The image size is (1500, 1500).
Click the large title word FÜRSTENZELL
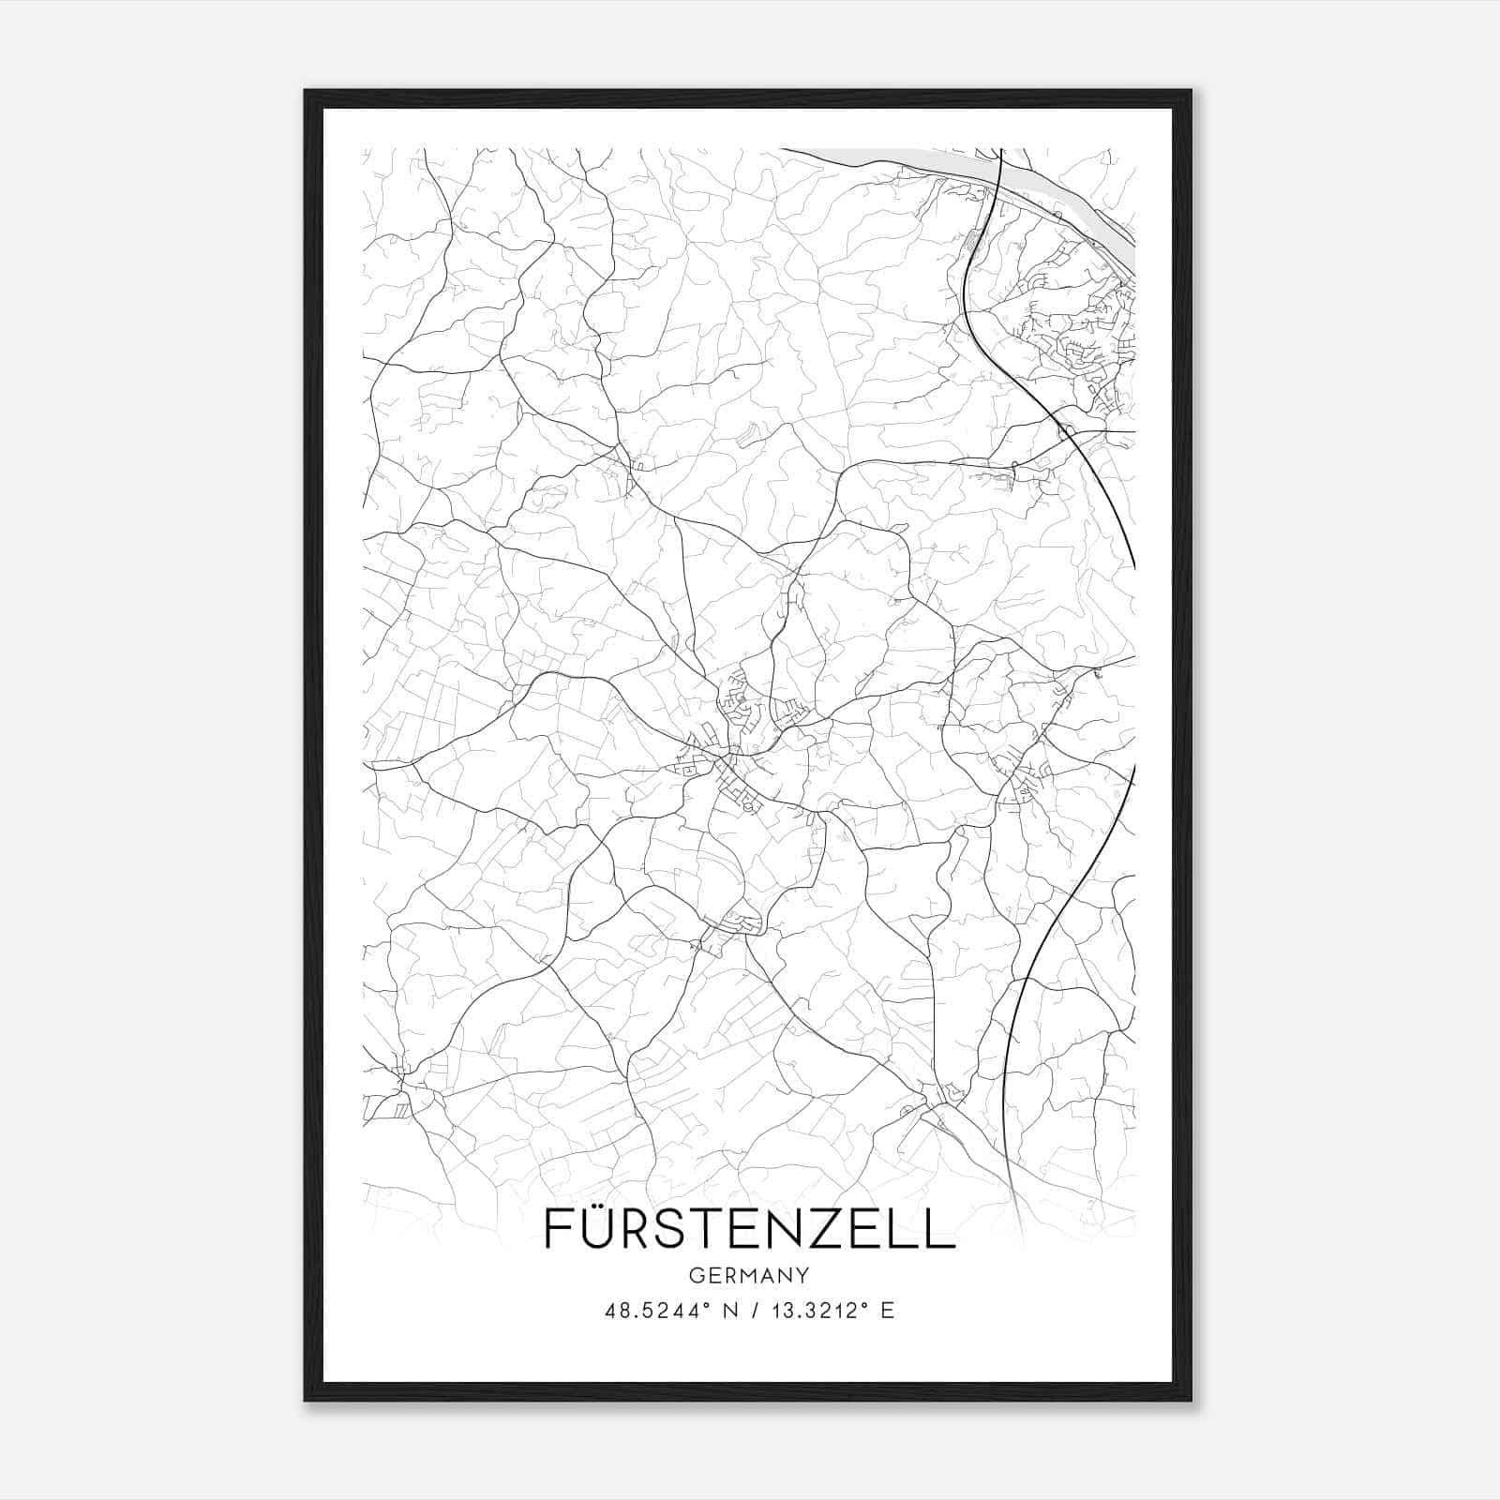pos(749,1228)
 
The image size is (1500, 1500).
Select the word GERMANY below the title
pos(749,1275)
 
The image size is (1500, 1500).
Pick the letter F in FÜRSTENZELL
pos(555,1229)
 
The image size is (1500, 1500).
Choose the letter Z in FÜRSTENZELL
pos(835,1229)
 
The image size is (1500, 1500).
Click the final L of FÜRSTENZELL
pos(941,1229)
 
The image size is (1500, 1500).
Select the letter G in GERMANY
pos(695,1275)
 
